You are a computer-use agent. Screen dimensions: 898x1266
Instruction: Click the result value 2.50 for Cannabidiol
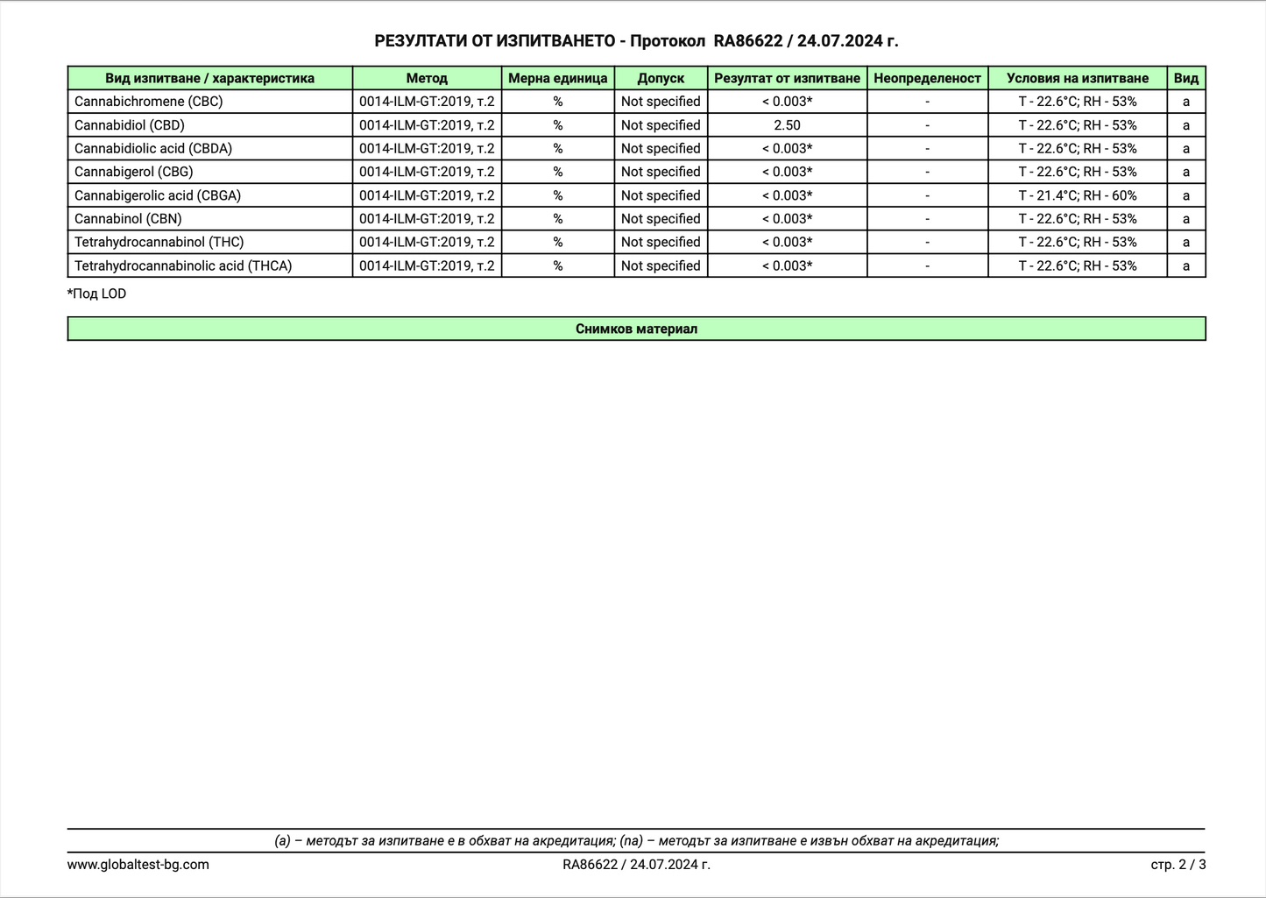[x=787, y=125]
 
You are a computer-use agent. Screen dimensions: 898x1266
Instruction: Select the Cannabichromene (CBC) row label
[x=148, y=102]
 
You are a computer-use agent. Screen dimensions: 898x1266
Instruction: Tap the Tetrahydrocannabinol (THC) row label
[x=159, y=242]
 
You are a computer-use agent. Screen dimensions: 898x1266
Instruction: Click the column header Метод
[x=427, y=78]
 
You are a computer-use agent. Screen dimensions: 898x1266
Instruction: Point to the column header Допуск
[x=661, y=78]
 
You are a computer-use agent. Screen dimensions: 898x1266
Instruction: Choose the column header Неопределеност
[x=927, y=78]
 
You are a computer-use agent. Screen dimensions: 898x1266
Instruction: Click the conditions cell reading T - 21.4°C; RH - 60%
[x=1077, y=195]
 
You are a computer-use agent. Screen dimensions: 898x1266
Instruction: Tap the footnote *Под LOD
[x=96, y=293]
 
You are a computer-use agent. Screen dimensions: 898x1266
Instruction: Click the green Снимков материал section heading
[x=636, y=329]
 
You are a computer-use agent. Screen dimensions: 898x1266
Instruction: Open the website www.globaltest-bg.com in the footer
[x=138, y=865]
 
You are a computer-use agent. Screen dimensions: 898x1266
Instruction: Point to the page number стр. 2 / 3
[x=1178, y=865]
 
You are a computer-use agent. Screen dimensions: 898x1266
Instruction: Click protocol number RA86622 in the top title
[x=747, y=41]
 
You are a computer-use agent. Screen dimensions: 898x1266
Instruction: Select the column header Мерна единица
[x=557, y=78]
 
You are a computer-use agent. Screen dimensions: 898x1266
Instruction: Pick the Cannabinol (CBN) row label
[x=128, y=219]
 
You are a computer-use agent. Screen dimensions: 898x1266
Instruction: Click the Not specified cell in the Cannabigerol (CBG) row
[x=661, y=172]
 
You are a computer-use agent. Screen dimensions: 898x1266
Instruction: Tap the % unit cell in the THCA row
[x=557, y=265]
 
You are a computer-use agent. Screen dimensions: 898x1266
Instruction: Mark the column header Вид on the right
[x=1185, y=78]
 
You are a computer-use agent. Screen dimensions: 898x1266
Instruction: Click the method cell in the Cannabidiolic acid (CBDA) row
[x=427, y=149]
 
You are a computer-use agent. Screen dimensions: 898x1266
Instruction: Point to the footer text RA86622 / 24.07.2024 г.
[x=636, y=865]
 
